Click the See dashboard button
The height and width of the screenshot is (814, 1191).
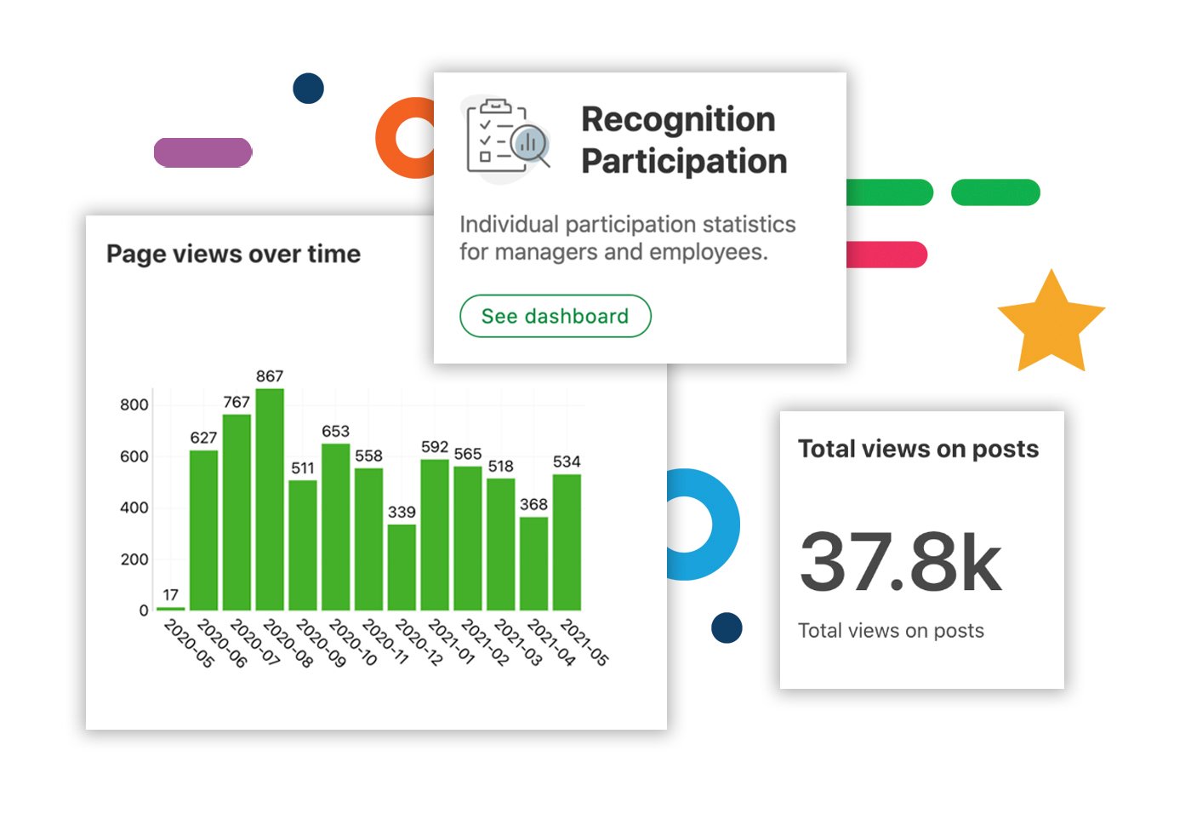556,317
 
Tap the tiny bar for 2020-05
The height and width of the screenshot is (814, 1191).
170,608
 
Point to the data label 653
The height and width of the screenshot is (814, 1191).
335,432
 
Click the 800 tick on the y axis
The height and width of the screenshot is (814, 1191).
134,404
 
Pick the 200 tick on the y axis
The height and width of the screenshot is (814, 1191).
134,559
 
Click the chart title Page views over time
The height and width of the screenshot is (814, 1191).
233,254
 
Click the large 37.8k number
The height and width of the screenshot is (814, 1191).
901,562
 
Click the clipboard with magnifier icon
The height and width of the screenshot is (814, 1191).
508,138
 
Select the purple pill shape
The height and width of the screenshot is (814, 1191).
202,153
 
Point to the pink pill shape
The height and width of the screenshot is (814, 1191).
887,255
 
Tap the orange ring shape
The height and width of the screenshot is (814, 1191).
398,138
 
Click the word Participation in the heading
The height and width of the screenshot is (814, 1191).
684,162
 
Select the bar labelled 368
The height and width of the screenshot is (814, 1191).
533,564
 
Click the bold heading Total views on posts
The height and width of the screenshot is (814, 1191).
918,449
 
